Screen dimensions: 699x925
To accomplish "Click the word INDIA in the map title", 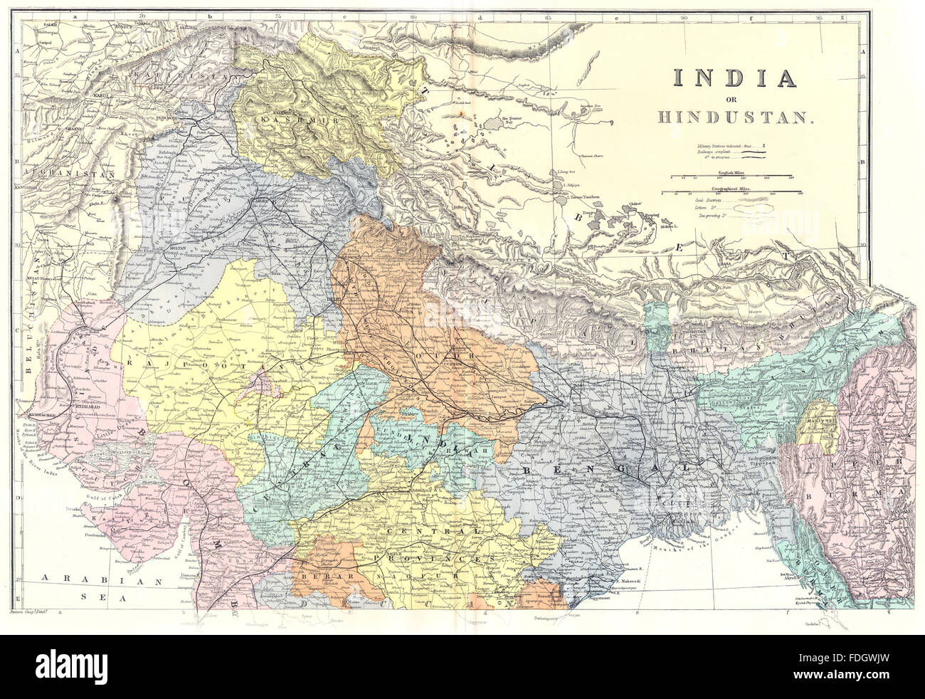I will (x=734, y=78).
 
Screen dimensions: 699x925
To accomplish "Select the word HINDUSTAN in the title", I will (x=734, y=117).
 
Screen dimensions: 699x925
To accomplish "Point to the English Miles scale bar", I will (x=733, y=176).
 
